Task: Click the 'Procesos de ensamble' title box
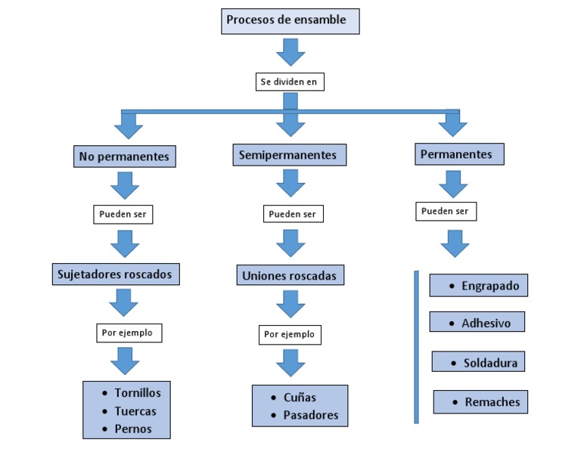[290, 20]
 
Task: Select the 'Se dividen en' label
[290, 81]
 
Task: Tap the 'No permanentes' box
[125, 156]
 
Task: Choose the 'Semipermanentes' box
[287, 155]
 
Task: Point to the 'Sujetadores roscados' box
[116, 274]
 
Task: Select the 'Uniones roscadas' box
[290, 274]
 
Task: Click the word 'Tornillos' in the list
[138, 393]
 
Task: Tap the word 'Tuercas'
[135, 411]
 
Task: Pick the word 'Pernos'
[133, 429]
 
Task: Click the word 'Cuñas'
[300, 398]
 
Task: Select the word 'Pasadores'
[310, 415]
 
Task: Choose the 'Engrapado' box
[479, 286]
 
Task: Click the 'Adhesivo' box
[477, 323]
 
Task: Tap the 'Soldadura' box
[479, 363]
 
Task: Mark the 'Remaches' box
[480, 402]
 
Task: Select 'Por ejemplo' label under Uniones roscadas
[290, 333]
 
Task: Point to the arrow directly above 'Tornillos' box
[125, 361]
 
